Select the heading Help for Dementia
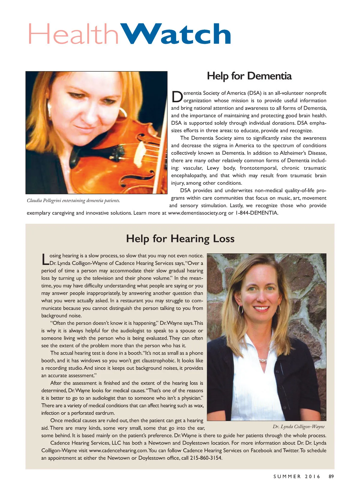coord(249,76)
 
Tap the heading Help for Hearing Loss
coord(180,239)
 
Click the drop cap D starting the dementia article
coord(177,97)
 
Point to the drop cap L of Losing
coord(45,259)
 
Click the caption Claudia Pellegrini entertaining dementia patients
coord(73,201)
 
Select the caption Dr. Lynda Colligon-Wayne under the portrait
coord(298,427)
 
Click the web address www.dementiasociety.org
coord(197,213)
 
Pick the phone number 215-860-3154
coord(206,458)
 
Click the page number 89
coord(331,476)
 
